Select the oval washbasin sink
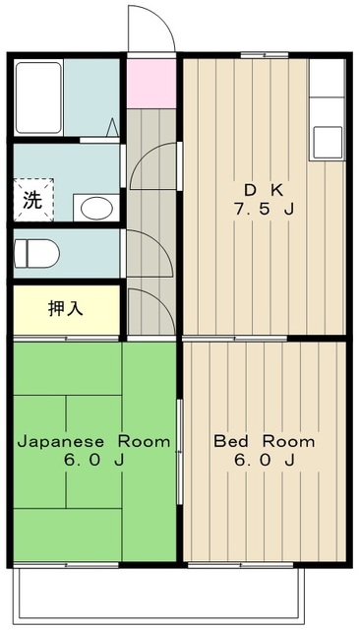pyautogui.click(x=95, y=208)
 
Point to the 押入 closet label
pyautogui.click(x=66, y=307)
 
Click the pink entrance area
pyautogui.click(x=150, y=82)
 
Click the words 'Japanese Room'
pyautogui.click(x=92, y=440)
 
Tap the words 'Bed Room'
pyautogui.click(x=265, y=440)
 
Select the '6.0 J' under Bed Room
pyautogui.click(x=265, y=462)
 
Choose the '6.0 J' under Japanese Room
pyautogui.click(x=92, y=462)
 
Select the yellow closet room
pyautogui.click(x=67, y=308)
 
